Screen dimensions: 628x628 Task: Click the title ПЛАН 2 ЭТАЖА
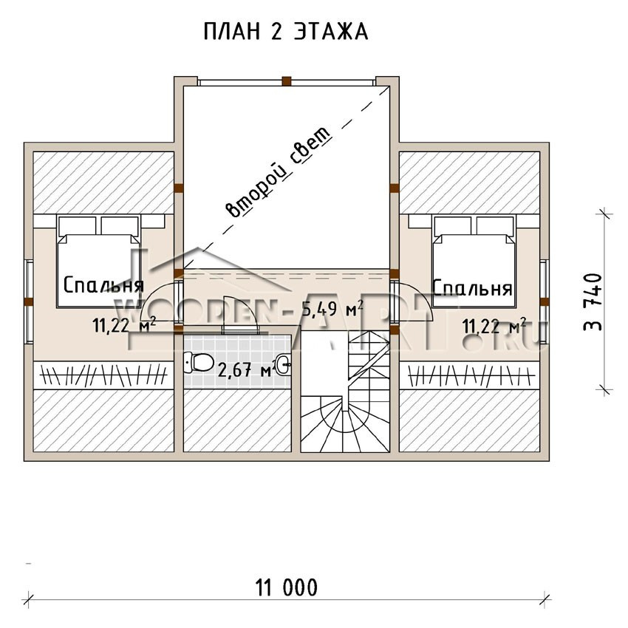286,31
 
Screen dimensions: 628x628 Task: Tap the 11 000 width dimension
287,588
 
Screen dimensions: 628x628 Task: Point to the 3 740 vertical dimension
593,301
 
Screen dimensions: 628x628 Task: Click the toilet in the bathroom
198,363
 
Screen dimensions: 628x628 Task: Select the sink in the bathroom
284,364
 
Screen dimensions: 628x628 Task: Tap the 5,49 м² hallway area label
332,308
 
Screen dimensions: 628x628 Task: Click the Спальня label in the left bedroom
103,286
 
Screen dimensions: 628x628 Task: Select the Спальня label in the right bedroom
473,287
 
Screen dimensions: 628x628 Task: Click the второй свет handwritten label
279,172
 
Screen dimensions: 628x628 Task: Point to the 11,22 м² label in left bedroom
124,325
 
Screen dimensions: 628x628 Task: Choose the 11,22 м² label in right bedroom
494,326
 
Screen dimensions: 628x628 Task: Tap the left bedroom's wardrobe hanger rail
103,375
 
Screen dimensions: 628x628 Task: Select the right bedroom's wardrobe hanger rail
471,375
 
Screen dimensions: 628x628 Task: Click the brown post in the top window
286,81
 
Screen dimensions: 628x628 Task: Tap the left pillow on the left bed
78,225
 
